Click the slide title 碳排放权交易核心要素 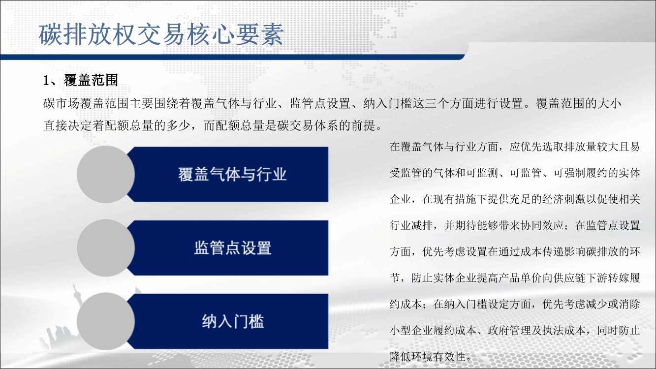161,35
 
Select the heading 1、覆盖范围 81,80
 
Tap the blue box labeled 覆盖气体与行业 228,174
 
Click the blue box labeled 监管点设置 228,248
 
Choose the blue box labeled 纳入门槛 228,321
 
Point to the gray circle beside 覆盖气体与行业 106,175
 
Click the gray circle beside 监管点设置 106,248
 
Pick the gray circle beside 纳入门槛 106,322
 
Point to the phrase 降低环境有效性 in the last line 428,356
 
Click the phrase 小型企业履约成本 433,330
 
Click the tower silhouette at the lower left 77,305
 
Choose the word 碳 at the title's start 50,35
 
